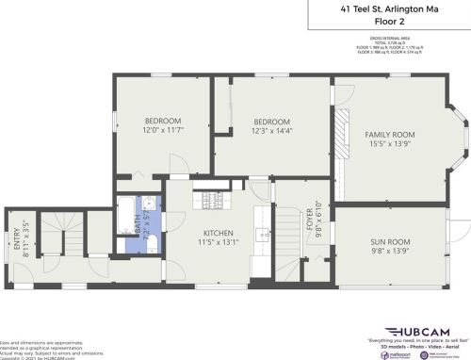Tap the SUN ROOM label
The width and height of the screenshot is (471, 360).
click(x=390, y=242)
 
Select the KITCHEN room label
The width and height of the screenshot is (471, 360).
click(x=219, y=233)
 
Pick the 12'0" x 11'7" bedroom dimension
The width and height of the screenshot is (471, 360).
click(x=162, y=130)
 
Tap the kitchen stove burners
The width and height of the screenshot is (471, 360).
click(x=212, y=199)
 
